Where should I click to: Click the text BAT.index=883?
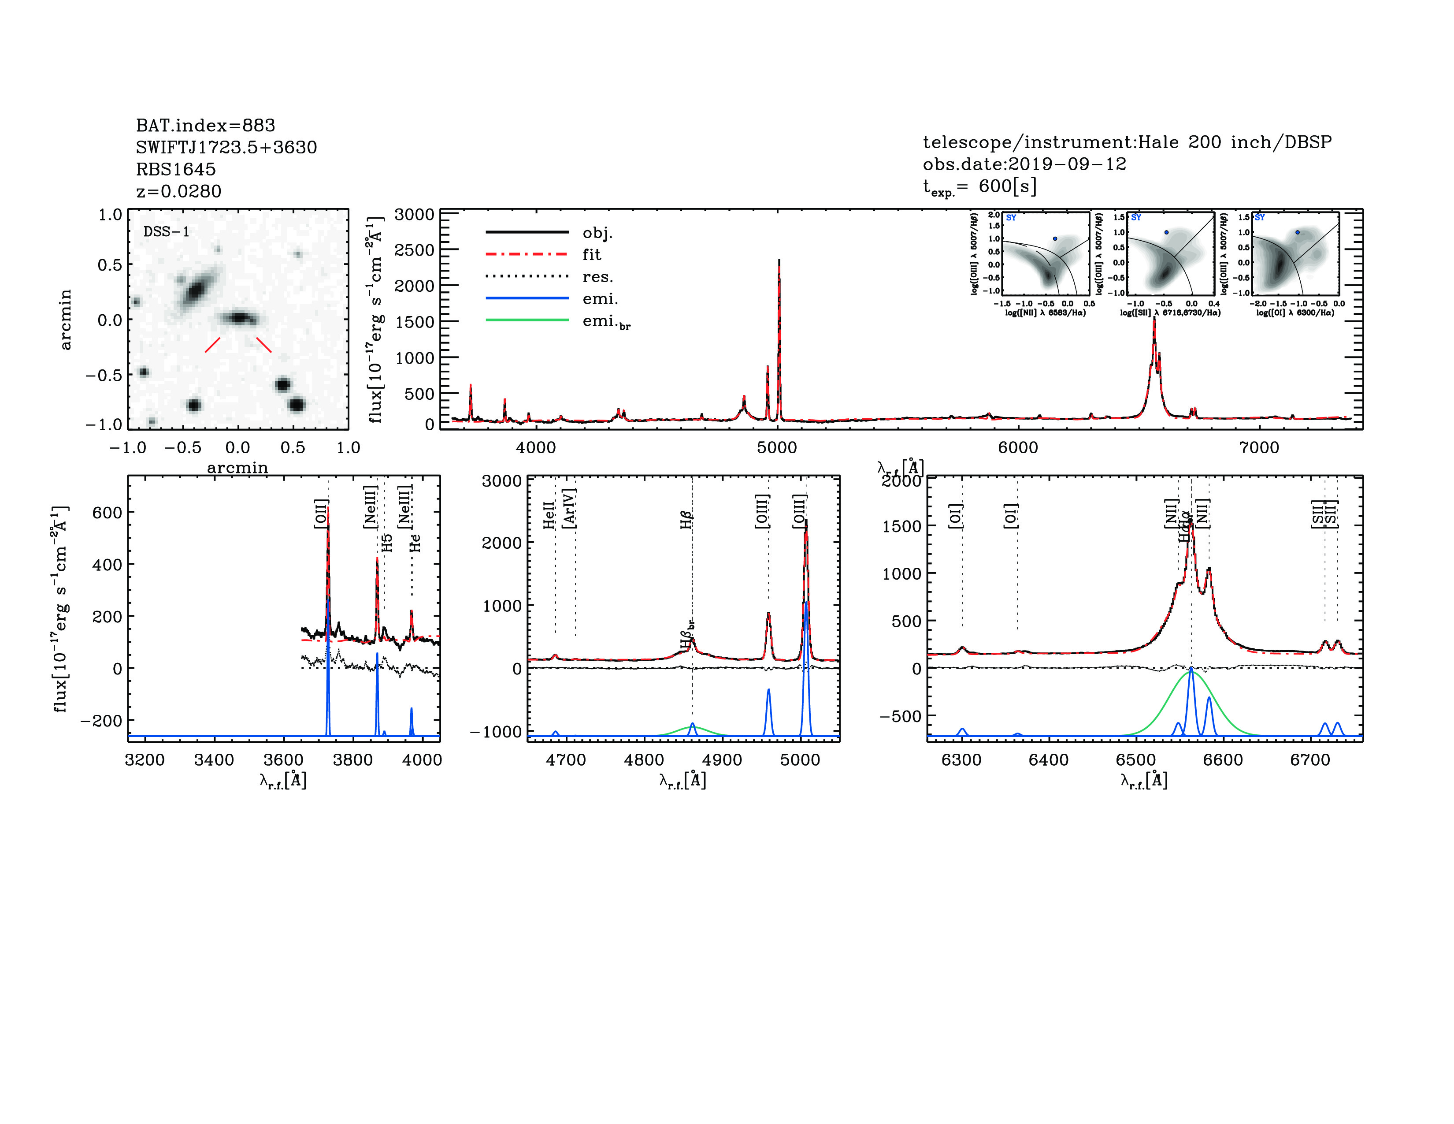(x=205, y=125)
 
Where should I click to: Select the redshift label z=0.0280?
(x=178, y=191)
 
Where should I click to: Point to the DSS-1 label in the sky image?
(x=167, y=232)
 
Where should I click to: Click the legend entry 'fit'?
(x=591, y=254)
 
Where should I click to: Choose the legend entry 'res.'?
(x=597, y=276)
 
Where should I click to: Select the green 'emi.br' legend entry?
(x=606, y=322)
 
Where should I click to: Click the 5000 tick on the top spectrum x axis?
(x=777, y=447)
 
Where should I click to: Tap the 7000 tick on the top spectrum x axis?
(x=1259, y=447)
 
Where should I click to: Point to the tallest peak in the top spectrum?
(x=779, y=261)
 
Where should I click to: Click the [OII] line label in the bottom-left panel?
(x=321, y=514)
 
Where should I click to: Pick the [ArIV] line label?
(x=569, y=509)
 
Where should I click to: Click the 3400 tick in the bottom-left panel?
(x=214, y=760)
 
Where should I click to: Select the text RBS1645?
(x=176, y=169)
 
